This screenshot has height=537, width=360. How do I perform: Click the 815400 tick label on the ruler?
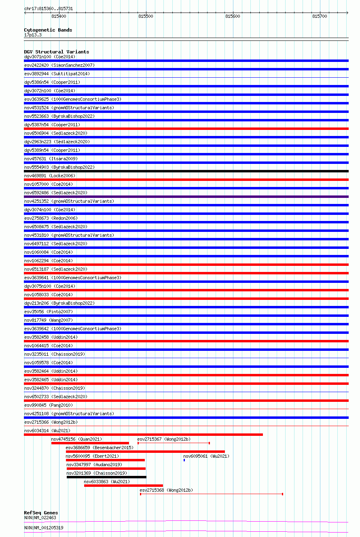59,16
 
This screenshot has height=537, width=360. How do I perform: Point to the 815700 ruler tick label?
320,16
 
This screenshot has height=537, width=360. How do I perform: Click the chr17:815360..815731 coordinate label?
49,8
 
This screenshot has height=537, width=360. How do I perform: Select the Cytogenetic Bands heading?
48,30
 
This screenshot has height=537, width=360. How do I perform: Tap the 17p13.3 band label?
33,35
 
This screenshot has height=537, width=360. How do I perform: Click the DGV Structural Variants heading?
57,52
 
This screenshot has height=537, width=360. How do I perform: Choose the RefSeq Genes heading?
41,513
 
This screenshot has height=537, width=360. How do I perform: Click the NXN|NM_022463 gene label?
40,518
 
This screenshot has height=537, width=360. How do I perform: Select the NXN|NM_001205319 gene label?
44,528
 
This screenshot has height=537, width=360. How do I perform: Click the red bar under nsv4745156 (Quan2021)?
90,443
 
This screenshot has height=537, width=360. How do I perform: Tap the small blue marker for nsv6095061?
184,460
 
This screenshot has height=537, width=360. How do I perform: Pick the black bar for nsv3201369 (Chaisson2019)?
106,477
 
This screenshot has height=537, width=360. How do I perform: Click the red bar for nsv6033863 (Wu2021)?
123,486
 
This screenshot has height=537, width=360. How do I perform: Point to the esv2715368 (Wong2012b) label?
166,490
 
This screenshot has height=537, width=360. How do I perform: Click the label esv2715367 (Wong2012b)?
164,439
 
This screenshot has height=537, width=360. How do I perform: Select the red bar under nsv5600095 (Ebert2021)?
105,460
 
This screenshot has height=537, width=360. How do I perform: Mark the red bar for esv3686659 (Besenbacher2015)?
145,452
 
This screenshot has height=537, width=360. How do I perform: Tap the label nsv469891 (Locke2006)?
50,176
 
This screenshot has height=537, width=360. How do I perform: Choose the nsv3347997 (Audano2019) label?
94,465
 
